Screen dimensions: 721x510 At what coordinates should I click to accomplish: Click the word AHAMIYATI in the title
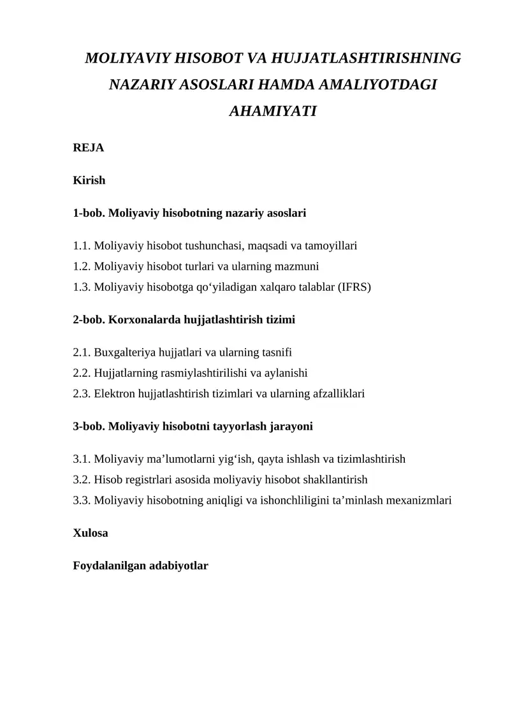coord(273,111)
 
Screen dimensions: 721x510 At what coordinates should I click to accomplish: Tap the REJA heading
coord(89,148)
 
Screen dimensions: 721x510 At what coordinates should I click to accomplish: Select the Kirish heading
coord(89,180)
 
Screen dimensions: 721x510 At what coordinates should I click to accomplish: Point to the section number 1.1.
coord(82,245)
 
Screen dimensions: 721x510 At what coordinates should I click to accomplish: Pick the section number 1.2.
coord(82,266)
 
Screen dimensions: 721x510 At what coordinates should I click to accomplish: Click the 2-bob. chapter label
coord(89,320)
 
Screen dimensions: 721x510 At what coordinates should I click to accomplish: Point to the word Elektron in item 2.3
coord(114,394)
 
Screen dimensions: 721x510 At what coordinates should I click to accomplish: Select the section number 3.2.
coord(82,479)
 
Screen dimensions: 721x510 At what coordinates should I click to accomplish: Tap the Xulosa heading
coord(91,533)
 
